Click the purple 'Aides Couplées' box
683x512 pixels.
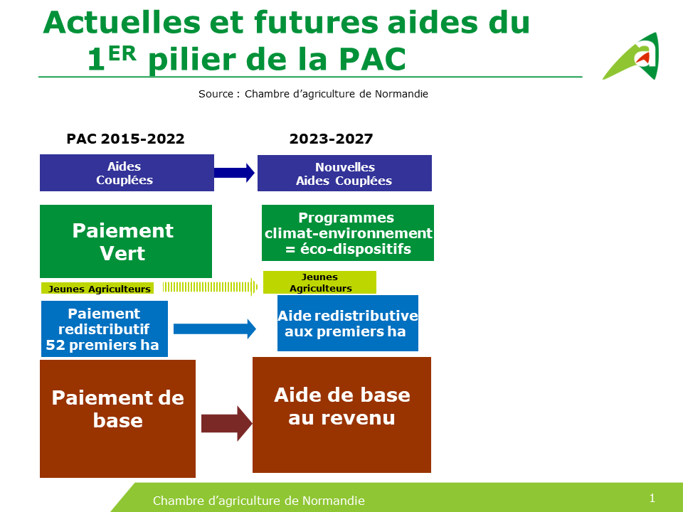pyautogui.click(x=127, y=173)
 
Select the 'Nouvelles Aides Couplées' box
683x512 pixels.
pyautogui.click(x=344, y=174)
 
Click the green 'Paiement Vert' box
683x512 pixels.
pyautogui.click(x=126, y=242)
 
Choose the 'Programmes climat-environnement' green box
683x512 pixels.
pyautogui.click(x=347, y=233)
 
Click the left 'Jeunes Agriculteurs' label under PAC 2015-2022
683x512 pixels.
pyautogui.click(x=97, y=289)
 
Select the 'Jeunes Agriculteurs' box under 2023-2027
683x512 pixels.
pyautogui.click(x=319, y=282)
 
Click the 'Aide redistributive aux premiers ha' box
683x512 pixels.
pyautogui.click(x=347, y=324)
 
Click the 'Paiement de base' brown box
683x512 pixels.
pyautogui.click(x=117, y=418)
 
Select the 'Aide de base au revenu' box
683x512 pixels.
pyautogui.click(x=341, y=415)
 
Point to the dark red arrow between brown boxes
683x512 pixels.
pyautogui.click(x=226, y=424)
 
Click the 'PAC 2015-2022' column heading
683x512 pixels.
pyautogui.click(x=125, y=139)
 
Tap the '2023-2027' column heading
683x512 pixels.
pyautogui.click(x=331, y=139)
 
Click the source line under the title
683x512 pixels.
pyautogui.click(x=313, y=94)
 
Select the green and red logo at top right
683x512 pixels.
pyautogui.click(x=632, y=57)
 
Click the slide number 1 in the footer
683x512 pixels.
pyautogui.click(x=652, y=497)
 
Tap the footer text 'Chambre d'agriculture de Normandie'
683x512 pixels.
pyautogui.click(x=259, y=501)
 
